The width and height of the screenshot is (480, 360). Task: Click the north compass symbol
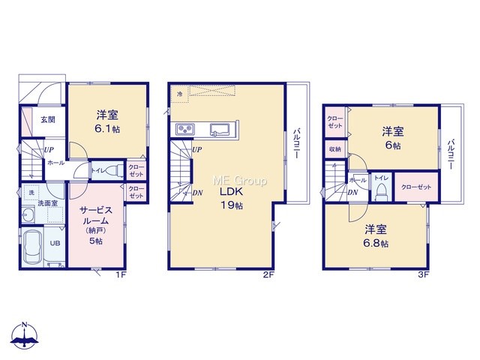pyautogui.click(x=25, y=335)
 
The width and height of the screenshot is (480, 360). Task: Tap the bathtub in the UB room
pyautogui.click(x=33, y=247)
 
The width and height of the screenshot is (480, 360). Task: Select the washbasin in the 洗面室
pyautogui.click(x=28, y=214)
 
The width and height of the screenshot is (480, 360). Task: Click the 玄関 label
pyautogui.click(x=48, y=119)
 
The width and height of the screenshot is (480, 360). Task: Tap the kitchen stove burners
pyautogui.click(x=185, y=129)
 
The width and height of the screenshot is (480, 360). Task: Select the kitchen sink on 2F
pyautogui.click(x=220, y=129)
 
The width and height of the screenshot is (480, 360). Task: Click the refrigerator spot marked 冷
pyautogui.click(x=180, y=94)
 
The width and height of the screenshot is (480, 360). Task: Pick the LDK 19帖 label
pyautogui.click(x=232, y=198)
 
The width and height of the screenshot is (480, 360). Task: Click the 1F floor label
pyautogui.click(x=121, y=274)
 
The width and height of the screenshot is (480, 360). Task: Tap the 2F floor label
pyautogui.click(x=268, y=274)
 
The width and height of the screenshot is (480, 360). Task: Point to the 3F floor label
pyautogui.click(x=423, y=274)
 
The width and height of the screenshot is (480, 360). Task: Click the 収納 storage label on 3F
pyautogui.click(x=335, y=149)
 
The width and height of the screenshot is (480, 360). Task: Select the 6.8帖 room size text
pyautogui.click(x=376, y=243)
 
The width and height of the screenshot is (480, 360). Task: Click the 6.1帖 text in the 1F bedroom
pyautogui.click(x=107, y=129)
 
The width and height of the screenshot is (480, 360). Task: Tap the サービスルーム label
pyautogui.click(x=96, y=215)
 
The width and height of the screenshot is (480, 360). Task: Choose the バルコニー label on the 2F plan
pyautogui.click(x=296, y=143)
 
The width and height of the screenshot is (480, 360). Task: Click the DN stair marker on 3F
pyautogui.click(x=352, y=193)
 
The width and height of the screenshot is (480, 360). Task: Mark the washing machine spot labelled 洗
pyautogui.click(x=31, y=193)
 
